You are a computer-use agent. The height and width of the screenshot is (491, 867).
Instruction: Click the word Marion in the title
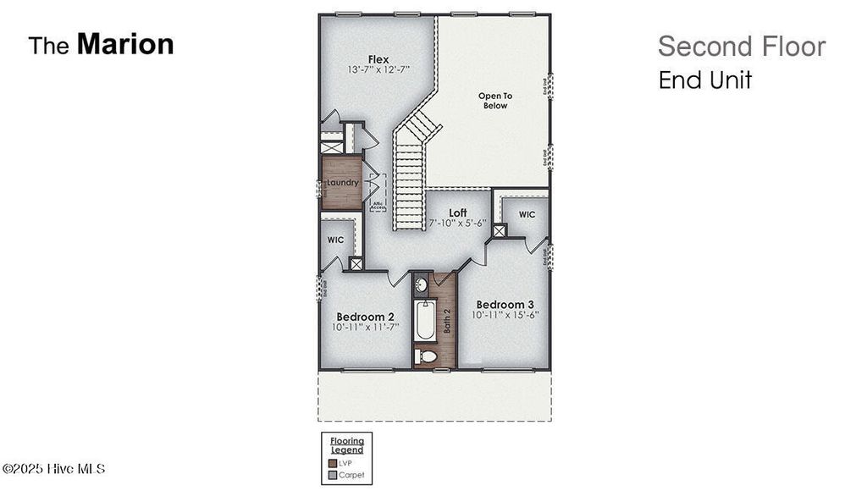pyautogui.click(x=125, y=44)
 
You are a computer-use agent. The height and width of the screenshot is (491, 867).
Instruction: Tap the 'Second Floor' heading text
pyautogui.click(x=741, y=47)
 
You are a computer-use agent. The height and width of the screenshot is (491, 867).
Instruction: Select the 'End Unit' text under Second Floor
pyautogui.click(x=704, y=80)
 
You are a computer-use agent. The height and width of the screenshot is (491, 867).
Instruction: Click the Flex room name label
pyautogui.click(x=378, y=59)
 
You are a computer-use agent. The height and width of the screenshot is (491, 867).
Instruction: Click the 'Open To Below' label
pyautogui.click(x=495, y=101)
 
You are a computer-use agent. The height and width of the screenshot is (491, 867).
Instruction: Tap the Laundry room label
pyautogui.click(x=342, y=182)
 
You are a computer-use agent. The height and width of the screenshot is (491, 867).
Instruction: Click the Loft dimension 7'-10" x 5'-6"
pyautogui.click(x=458, y=223)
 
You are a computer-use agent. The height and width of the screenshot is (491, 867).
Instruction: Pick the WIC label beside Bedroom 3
pyautogui.click(x=527, y=215)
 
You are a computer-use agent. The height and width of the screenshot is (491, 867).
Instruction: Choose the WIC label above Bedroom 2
pyautogui.click(x=335, y=240)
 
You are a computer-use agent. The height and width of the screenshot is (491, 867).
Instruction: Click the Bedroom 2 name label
pyautogui.click(x=366, y=317)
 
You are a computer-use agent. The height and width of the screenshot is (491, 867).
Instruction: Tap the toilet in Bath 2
pyautogui.click(x=426, y=356)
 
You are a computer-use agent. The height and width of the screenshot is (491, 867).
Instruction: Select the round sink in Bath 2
pyautogui.click(x=422, y=285)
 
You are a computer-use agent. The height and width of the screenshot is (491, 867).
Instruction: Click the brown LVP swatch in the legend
pyautogui.click(x=331, y=463)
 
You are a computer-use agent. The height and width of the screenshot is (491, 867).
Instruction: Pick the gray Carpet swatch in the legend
pyautogui.click(x=331, y=476)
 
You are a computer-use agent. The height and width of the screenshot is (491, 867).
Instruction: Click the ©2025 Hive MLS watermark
pyautogui.click(x=54, y=469)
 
